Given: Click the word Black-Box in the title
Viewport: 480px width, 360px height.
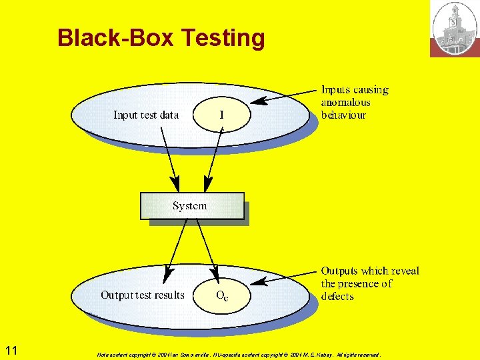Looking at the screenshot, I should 116,38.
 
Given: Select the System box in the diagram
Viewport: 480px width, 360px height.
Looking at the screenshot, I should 191,206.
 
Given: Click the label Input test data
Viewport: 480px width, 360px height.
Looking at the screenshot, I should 146,115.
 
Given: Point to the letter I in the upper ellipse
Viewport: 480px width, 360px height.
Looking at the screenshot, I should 222,115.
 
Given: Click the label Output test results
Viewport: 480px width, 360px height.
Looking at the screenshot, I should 143,295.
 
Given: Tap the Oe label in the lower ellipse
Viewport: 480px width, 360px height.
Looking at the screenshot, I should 221,296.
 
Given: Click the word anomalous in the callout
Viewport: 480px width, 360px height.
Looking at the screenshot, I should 345,102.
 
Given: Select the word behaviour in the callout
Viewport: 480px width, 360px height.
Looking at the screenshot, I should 343,115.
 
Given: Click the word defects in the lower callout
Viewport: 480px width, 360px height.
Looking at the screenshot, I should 337,296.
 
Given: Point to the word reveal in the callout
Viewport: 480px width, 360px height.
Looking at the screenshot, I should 405,271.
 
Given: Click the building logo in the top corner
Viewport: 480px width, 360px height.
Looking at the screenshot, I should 455,28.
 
